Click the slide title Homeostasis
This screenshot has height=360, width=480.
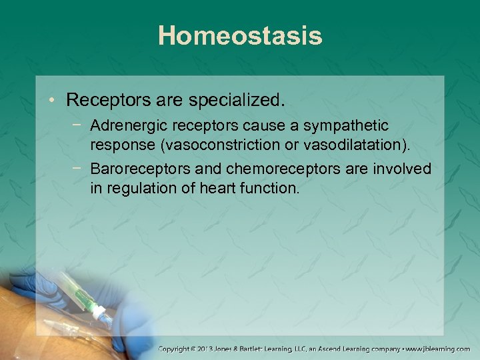pos(240,36)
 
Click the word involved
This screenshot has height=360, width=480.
pos(401,169)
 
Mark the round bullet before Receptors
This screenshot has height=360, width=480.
pos(53,101)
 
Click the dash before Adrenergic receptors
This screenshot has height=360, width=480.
pos(79,125)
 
